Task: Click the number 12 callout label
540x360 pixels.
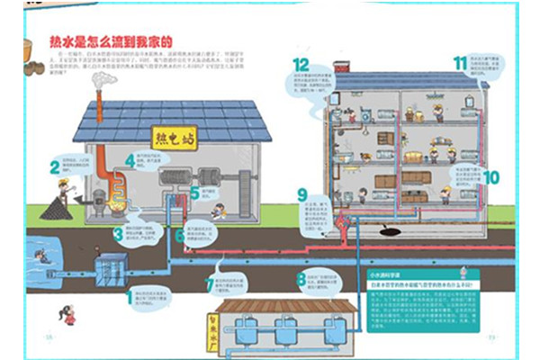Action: [301, 65]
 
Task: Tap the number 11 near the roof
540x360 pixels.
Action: [461, 63]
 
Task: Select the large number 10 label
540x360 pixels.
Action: [490, 176]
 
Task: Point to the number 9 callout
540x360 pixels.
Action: [301, 195]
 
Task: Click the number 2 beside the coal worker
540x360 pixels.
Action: [55, 166]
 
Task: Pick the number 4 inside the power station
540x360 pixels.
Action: [130, 161]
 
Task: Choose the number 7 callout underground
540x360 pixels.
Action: [211, 286]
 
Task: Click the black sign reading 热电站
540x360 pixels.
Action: [174, 138]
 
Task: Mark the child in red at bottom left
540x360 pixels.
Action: [67, 315]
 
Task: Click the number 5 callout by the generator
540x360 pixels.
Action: [195, 193]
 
